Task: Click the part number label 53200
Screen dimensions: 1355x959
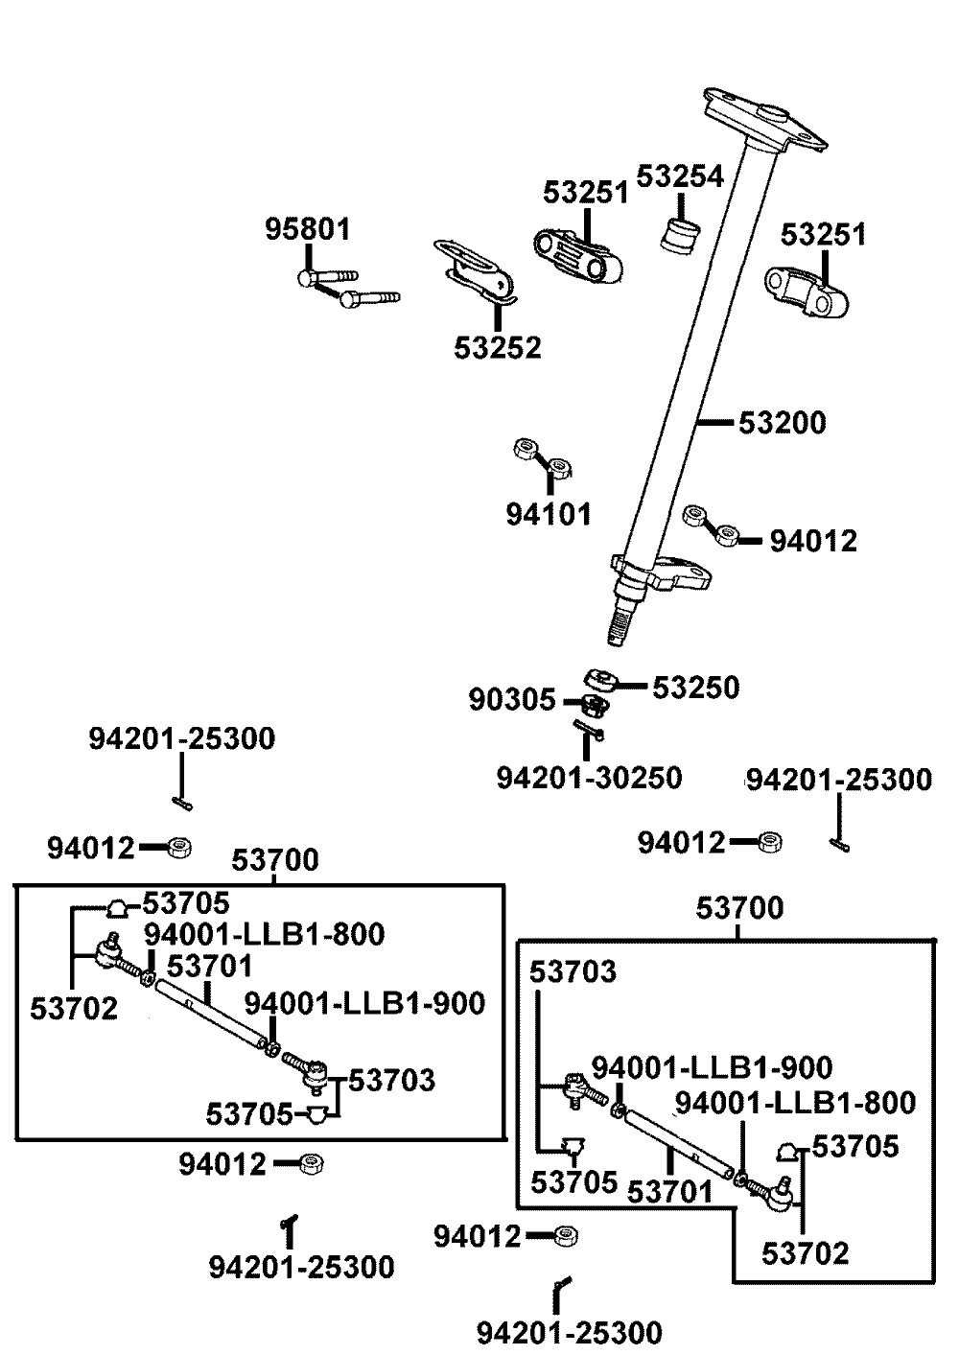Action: (x=782, y=423)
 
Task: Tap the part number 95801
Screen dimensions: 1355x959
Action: (x=308, y=230)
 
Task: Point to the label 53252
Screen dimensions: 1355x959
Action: (x=498, y=346)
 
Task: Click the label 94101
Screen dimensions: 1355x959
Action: (x=549, y=514)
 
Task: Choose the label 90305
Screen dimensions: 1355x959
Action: (x=513, y=700)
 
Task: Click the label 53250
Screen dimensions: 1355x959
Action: (x=696, y=688)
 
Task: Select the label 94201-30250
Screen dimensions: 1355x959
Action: (x=589, y=777)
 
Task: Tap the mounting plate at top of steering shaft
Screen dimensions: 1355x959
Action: (x=764, y=119)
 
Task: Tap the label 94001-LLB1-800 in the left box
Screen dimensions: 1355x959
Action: (x=265, y=933)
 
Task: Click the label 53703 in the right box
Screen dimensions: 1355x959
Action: (x=573, y=971)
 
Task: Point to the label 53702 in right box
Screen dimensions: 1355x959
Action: (x=806, y=1252)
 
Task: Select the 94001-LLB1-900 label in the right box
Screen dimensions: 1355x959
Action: (x=712, y=1067)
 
